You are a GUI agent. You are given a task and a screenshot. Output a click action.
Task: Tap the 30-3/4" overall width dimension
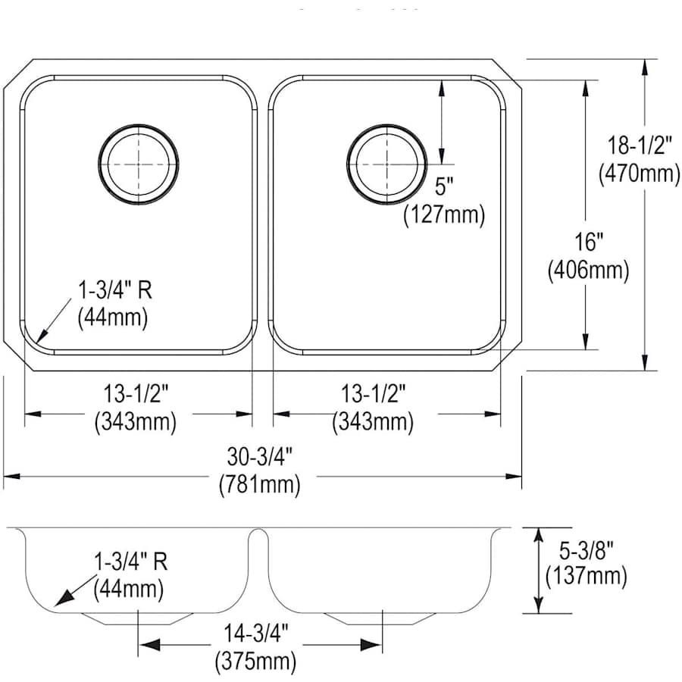(260, 457)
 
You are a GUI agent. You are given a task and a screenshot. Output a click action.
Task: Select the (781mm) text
(260, 484)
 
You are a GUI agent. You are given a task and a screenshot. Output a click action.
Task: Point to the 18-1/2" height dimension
(640, 145)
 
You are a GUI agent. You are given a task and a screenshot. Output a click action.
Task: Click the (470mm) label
(640, 174)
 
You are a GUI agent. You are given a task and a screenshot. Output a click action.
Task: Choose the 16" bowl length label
(590, 242)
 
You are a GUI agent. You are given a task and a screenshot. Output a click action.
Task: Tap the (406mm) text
(589, 271)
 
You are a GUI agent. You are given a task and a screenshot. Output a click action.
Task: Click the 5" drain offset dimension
(444, 186)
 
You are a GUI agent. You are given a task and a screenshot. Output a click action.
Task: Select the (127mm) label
(444, 214)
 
